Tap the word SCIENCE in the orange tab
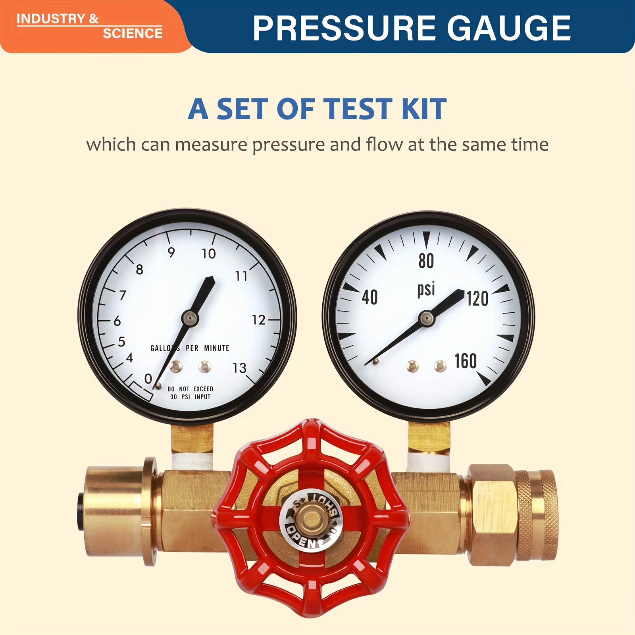(x=133, y=33)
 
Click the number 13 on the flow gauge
(x=239, y=368)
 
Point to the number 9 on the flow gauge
(x=171, y=252)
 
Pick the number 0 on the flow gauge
(x=148, y=379)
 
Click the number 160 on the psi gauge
(x=466, y=361)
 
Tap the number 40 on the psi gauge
(x=370, y=297)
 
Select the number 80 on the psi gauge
(x=426, y=261)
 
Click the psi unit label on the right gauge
(x=426, y=289)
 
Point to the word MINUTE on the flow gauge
(x=217, y=348)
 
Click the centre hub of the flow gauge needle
(x=190, y=318)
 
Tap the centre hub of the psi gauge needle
(x=427, y=318)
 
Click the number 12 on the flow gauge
(x=259, y=320)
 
